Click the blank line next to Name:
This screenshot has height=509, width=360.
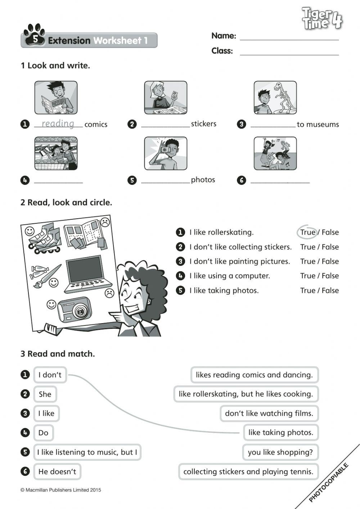pos(289,37)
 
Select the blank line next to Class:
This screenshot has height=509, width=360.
pos(289,52)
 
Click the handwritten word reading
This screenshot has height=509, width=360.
pos(58,124)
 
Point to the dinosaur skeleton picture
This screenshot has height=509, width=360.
pos(275,98)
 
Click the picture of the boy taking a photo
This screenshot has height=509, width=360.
pos(166,153)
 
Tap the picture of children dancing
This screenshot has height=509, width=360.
pos(275,153)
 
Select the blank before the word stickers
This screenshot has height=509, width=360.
pos(165,125)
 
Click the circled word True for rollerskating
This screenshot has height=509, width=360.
pos(307,232)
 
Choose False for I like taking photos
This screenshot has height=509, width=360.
pos(330,291)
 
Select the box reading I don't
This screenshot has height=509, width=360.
pos(50,375)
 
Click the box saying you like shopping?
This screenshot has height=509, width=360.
pos(280,452)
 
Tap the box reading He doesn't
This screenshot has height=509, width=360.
pos(57,472)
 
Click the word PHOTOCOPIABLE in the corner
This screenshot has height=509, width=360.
pos(329,483)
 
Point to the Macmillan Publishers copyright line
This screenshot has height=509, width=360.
pos(61,490)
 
